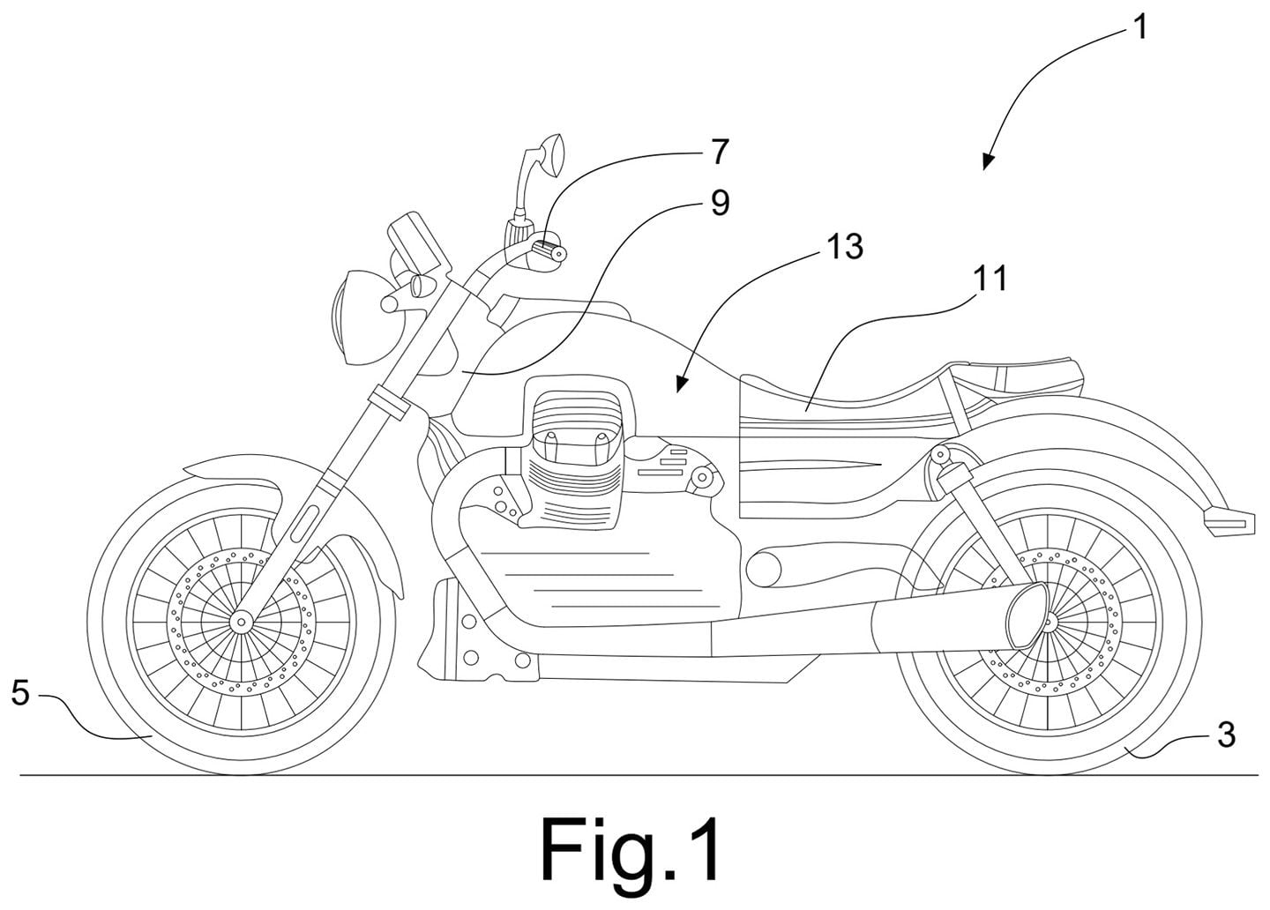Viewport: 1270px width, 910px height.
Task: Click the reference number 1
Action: [x=1140, y=27]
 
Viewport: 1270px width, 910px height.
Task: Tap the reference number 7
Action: [x=719, y=151]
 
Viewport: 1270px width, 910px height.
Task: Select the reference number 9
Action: [x=720, y=202]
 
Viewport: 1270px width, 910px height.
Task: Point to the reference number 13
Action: [x=845, y=246]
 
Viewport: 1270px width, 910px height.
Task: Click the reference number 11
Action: [x=989, y=278]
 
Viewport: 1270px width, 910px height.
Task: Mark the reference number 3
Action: [x=1226, y=735]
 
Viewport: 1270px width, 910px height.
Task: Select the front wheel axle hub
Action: [x=241, y=623]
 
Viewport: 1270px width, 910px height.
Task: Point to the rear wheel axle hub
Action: [x=1047, y=623]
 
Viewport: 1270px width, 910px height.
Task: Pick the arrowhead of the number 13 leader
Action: [x=682, y=385]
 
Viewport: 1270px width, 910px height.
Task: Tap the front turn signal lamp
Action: [x=422, y=284]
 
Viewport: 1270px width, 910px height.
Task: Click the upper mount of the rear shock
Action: [x=941, y=454]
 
